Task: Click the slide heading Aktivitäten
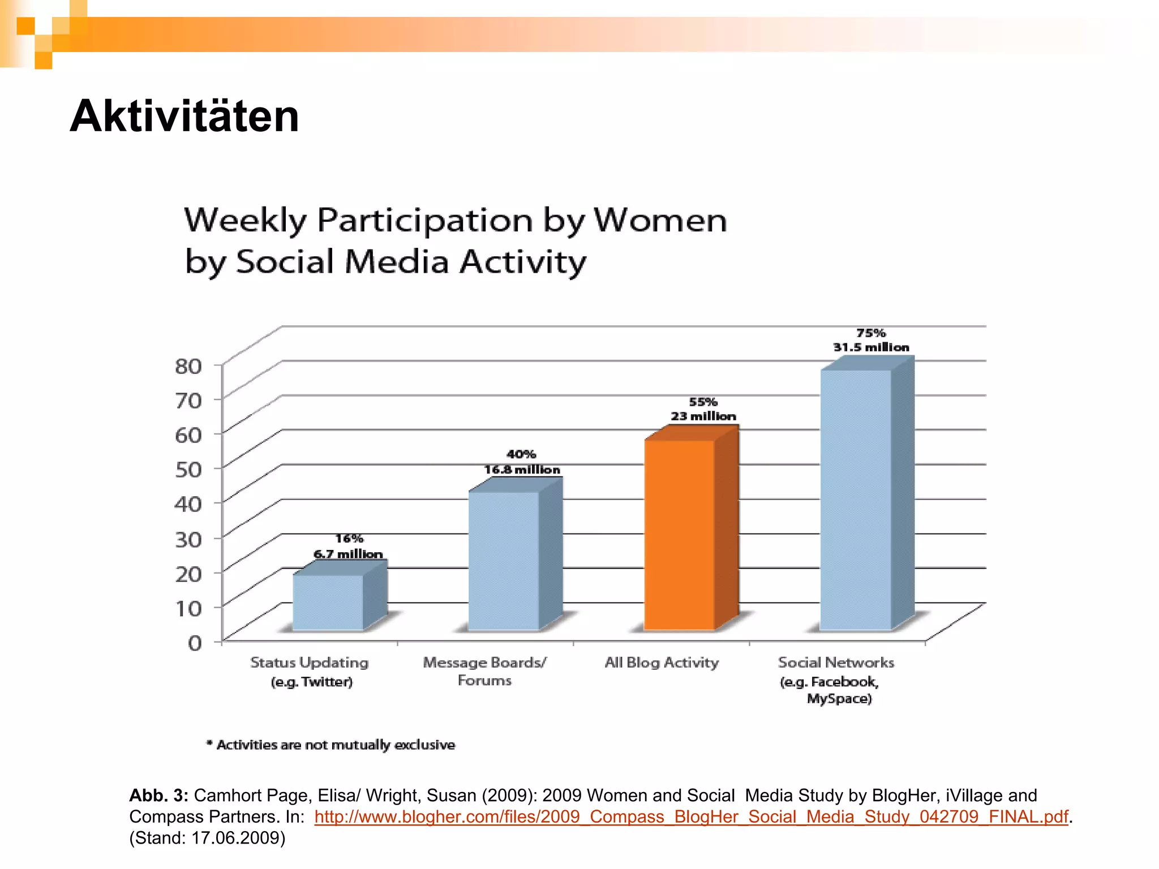tap(184, 117)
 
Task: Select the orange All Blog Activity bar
tap(680, 535)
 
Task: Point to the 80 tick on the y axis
tap(188, 366)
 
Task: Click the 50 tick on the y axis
tap(188, 470)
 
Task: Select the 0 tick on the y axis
tap(195, 643)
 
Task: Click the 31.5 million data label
tap(871, 347)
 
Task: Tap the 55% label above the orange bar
tap(703, 402)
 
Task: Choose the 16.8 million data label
tap(522, 470)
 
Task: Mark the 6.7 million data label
tap(348, 554)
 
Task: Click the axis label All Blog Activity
tap(662, 662)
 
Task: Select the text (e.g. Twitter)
tap(312, 682)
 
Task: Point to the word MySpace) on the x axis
tap(839, 699)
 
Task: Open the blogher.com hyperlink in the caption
tap(691, 816)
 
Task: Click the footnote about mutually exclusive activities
tap(331, 745)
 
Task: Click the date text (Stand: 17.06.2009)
tap(207, 838)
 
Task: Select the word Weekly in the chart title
tap(245, 221)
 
